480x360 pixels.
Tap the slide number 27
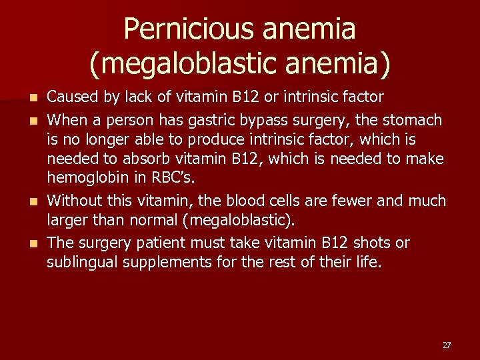(447, 345)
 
